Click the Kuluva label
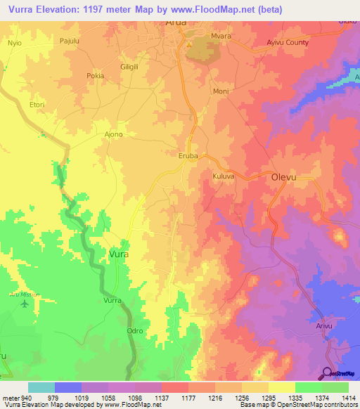point(222,177)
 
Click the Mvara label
point(221,34)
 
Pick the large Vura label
point(119,254)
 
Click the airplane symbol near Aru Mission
point(27,304)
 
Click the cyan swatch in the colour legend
point(41,387)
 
